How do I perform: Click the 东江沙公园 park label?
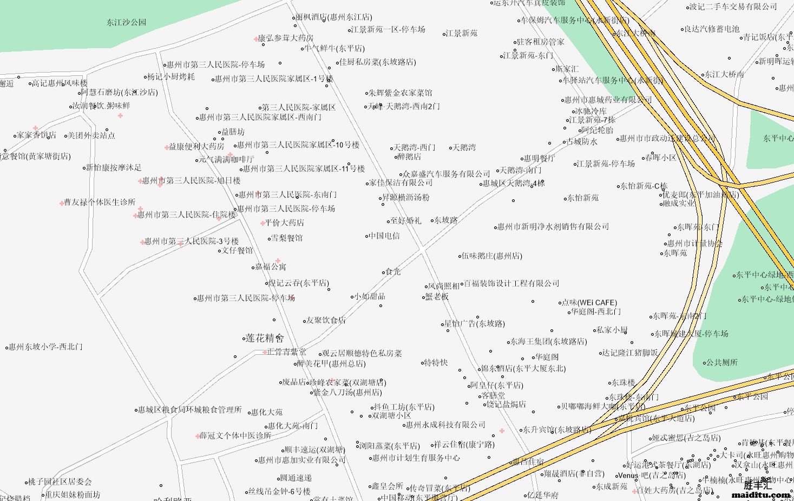(126, 22)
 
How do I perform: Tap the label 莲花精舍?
(265, 339)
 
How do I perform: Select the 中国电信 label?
(384, 236)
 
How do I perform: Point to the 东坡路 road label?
(446, 220)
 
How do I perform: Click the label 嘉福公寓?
(271, 266)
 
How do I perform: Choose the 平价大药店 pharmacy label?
(284, 223)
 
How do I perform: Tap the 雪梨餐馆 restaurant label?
(286, 238)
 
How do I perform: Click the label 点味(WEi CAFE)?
(589, 303)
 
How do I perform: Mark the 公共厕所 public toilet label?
(721, 362)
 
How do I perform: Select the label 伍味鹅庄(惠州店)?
(492, 256)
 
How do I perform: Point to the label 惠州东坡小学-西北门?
(45, 347)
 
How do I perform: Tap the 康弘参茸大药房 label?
(285, 38)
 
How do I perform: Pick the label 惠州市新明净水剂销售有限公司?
(553, 226)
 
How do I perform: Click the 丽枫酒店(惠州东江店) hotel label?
(333, 17)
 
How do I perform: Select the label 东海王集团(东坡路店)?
(548, 341)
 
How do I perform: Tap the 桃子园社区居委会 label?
(60, 482)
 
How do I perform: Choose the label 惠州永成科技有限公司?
(445, 425)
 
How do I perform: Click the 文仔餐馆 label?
(237, 250)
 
